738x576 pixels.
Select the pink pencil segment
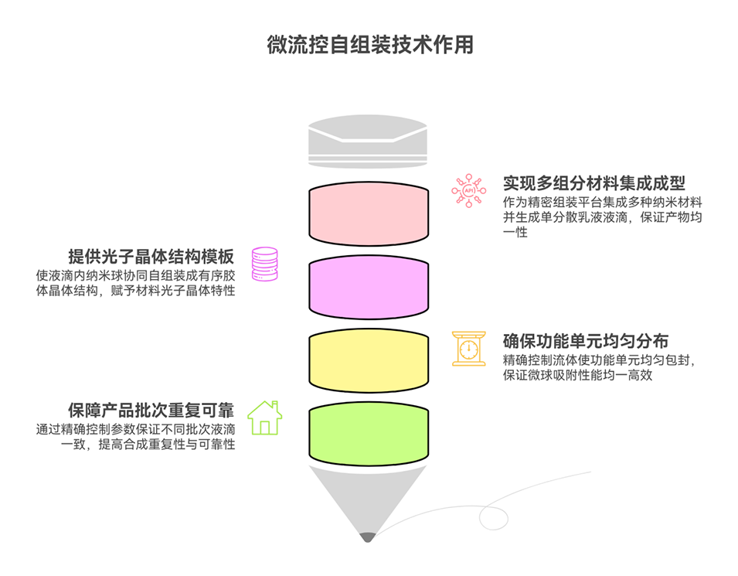(x=369, y=213)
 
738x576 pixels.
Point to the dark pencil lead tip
(x=368, y=537)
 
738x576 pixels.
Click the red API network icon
(x=468, y=189)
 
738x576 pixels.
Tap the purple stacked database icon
(x=265, y=264)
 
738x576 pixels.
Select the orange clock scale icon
(x=468, y=348)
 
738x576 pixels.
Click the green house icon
(x=265, y=418)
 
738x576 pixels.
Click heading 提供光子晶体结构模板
(x=151, y=257)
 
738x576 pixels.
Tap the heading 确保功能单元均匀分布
(x=586, y=341)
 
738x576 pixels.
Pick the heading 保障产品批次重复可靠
(x=151, y=410)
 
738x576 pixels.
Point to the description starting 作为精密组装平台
(x=602, y=216)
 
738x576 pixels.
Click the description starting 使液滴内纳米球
(x=135, y=282)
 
